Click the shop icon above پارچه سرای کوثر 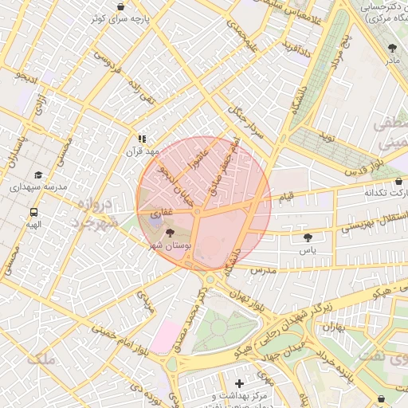coord(121,6)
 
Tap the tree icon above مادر coord(391,48)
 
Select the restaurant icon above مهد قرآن coord(143,139)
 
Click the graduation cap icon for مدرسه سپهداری coord(37,175)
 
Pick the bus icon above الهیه coord(33,213)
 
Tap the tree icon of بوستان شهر coord(170,233)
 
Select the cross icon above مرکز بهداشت coord(239,383)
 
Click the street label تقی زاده coord(146,99)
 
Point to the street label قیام coord(284,196)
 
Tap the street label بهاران coord(335,327)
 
